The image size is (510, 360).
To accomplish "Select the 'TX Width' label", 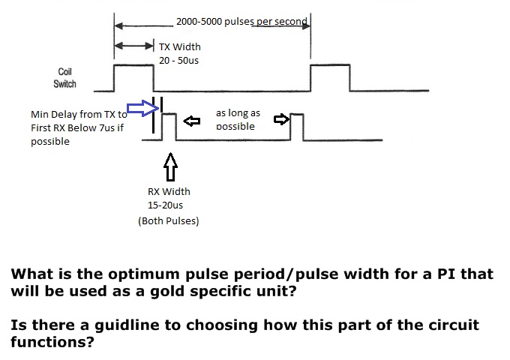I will click(x=180, y=46).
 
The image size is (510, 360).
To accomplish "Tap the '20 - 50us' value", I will click(x=178, y=60).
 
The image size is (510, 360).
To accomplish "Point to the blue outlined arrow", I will click(x=140, y=110).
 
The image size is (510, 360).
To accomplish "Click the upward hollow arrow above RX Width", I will click(x=171, y=165).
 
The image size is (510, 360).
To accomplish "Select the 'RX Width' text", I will click(x=169, y=191).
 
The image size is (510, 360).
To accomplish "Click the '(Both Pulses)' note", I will click(x=169, y=221).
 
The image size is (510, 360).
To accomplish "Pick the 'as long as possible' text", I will click(x=238, y=119).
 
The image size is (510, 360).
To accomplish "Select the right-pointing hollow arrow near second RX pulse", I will click(x=281, y=118).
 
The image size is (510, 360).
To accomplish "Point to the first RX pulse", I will click(x=169, y=126).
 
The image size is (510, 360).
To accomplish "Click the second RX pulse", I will click(x=298, y=126).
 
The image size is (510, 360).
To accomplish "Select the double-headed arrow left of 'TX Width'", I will click(x=133, y=46).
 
